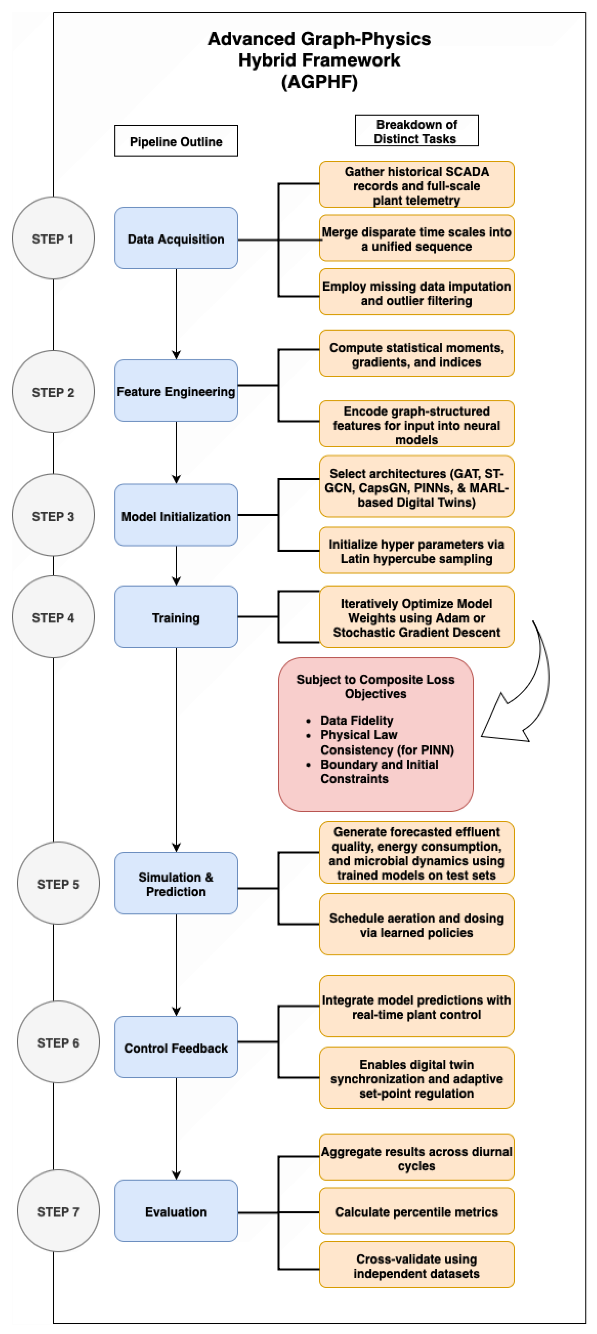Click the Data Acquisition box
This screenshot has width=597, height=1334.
pyautogui.click(x=176, y=238)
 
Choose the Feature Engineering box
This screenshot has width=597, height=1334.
pyautogui.click(x=176, y=391)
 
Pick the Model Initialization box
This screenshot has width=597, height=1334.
pyautogui.click(x=176, y=515)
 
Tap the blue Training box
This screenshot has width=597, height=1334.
pyautogui.click(x=176, y=617)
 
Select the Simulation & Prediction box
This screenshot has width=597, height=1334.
pyautogui.click(x=176, y=883)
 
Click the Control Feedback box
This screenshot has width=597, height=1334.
pyautogui.click(x=176, y=1047)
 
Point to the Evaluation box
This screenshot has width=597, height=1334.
pyautogui.click(x=176, y=1211)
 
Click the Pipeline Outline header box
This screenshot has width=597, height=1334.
pyautogui.click(x=176, y=141)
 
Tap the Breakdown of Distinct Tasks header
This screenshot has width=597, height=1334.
pyautogui.click(x=417, y=130)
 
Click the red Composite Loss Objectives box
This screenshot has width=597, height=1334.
pyautogui.click(x=376, y=734)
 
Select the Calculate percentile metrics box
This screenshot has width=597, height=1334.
pyautogui.click(x=417, y=1211)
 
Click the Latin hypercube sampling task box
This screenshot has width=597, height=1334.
pyautogui.click(x=417, y=551)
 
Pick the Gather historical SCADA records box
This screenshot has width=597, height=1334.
pyautogui.click(x=417, y=184)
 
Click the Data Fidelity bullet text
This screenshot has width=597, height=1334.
pyautogui.click(x=357, y=720)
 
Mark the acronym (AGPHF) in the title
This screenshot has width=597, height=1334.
pyautogui.click(x=319, y=82)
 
